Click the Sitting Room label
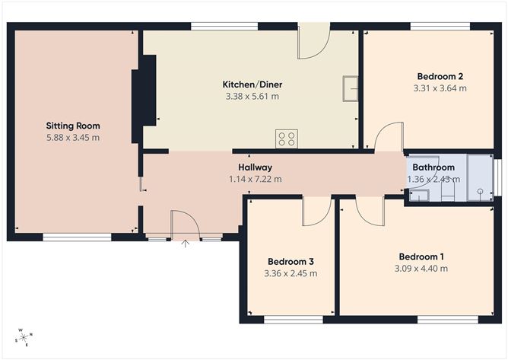coord(73,126)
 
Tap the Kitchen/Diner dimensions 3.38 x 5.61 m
coord(252,97)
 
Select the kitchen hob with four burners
coord(287,139)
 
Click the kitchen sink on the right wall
coord(350,88)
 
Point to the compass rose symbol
coord(24,337)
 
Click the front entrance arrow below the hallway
coord(186,244)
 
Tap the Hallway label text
coord(255,167)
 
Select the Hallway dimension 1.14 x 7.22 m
coord(255,180)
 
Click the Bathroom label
coord(433,167)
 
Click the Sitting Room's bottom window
coord(77,237)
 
